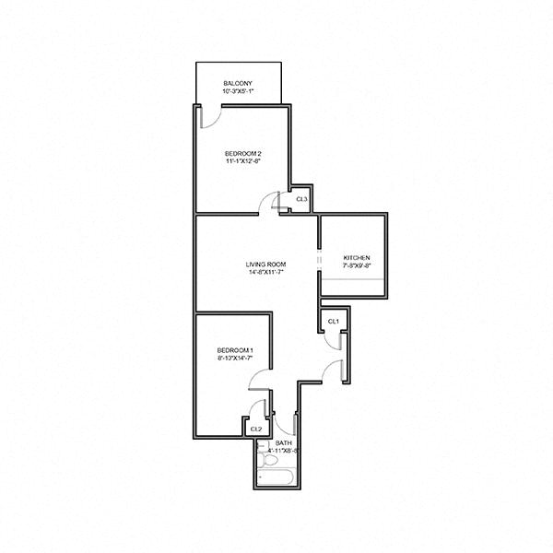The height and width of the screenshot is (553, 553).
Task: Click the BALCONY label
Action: point(237,84)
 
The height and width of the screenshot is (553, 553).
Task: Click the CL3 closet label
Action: point(300,200)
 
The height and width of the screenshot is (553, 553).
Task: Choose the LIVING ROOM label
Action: point(264,263)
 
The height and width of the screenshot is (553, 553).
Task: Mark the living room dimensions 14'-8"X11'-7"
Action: point(264,272)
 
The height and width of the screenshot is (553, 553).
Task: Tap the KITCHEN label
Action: point(356,257)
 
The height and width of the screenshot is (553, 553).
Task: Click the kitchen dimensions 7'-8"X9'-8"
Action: point(356,266)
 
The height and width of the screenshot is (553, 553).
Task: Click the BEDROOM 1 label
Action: point(234,349)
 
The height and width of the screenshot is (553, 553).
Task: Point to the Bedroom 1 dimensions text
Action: point(234,359)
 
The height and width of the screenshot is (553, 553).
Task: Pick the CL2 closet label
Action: point(256,429)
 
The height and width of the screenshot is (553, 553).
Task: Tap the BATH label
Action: point(285,444)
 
